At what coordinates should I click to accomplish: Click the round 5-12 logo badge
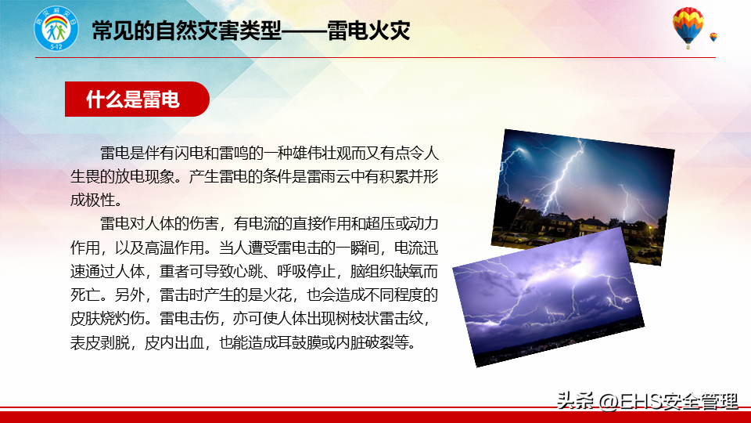[56, 29]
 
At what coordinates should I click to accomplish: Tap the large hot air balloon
[688, 27]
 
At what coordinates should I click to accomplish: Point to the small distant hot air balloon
[713, 38]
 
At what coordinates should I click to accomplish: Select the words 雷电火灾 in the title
[368, 31]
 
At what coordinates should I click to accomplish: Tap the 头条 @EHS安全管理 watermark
[647, 401]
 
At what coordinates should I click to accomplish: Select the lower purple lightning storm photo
[548, 298]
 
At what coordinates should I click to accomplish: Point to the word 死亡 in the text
[85, 295]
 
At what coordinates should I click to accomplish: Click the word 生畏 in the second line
[85, 176]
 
